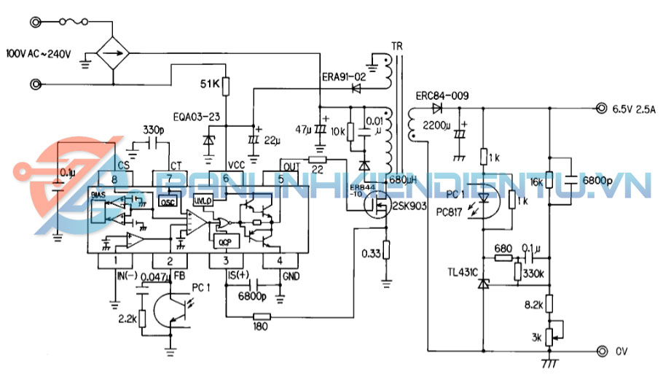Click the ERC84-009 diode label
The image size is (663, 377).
click(442, 96)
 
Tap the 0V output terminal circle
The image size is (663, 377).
click(602, 351)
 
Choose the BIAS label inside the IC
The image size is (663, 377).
click(98, 195)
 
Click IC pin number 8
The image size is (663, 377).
click(114, 179)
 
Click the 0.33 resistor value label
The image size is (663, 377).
click(371, 254)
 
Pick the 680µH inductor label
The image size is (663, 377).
click(403, 179)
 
